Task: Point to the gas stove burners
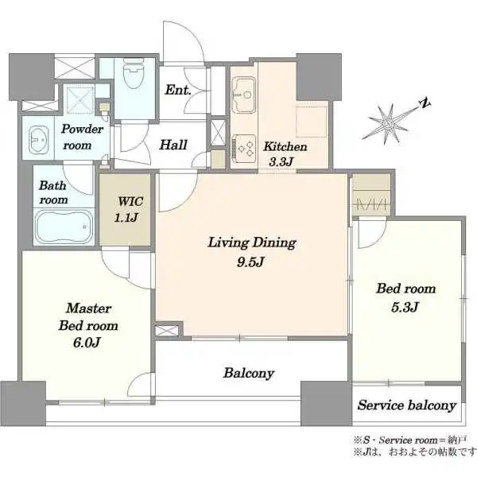pyautogui.click(x=244, y=149)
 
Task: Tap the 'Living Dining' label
pyautogui.click(x=252, y=243)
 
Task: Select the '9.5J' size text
pyautogui.click(x=250, y=262)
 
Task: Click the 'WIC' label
pyautogui.click(x=130, y=201)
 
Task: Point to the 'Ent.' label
pyautogui.click(x=178, y=90)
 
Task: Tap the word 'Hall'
pyautogui.click(x=173, y=145)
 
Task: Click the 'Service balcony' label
pyautogui.click(x=407, y=405)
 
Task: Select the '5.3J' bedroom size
pyautogui.click(x=405, y=307)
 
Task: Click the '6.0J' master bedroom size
pyautogui.click(x=87, y=343)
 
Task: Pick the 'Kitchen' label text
pyautogui.click(x=285, y=146)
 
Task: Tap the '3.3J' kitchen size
pyautogui.click(x=281, y=162)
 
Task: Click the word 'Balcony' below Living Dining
pyautogui.click(x=249, y=374)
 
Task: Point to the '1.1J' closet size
pyautogui.click(x=126, y=218)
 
